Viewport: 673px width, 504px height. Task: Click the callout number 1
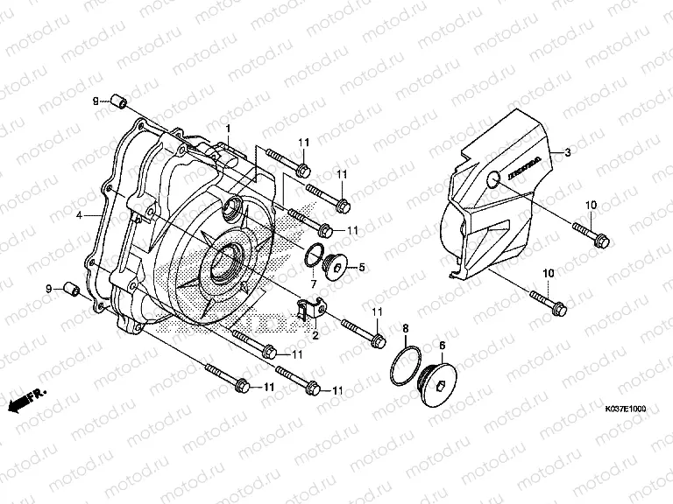[x=227, y=129]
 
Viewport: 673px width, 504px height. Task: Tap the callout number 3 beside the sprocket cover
[x=567, y=151]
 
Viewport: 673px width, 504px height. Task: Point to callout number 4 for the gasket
[x=79, y=214]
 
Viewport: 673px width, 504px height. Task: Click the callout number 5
[x=360, y=267]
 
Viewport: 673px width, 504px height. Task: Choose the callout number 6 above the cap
[x=442, y=346]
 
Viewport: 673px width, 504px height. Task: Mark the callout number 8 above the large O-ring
[x=406, y=328]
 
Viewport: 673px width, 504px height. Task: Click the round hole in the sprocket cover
[x=492, y=181]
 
